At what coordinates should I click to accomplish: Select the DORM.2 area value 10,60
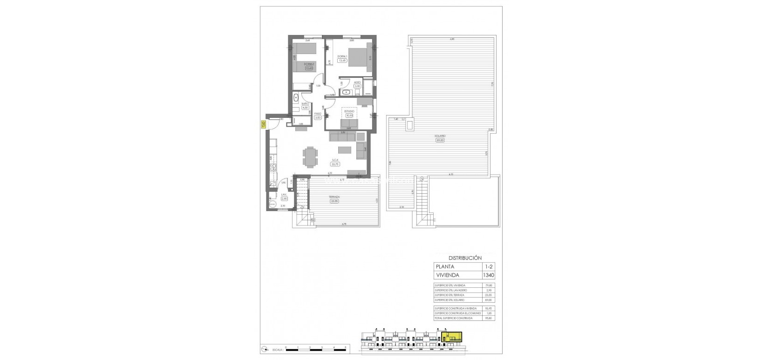coord(309,68)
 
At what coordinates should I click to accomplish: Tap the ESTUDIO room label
coord(349,111)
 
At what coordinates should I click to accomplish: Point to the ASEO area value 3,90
coord(358,86)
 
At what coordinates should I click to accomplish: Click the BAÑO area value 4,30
coord(305,108)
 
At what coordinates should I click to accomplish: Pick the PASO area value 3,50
coord(318,117)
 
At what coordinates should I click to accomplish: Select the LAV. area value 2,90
coord(284,199)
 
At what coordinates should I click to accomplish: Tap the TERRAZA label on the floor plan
coord(334,197)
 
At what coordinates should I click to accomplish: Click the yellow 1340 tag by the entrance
coord(263,124)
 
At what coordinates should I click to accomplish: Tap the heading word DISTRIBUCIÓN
coord(465,258)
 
